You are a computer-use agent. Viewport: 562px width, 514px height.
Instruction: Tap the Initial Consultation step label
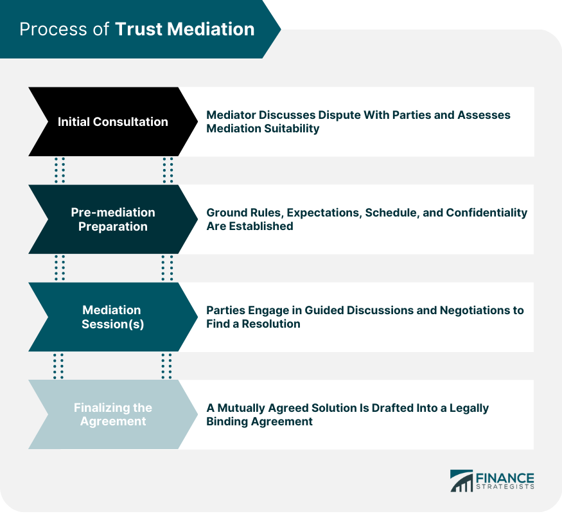pos(113,121)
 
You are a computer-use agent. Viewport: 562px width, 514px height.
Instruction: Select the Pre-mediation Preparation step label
pos(113,219)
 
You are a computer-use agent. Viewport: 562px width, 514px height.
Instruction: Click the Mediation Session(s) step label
pos(112,317)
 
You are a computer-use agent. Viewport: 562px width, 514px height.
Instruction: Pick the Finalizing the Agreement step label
pos(112,414)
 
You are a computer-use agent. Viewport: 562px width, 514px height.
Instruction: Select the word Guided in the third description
pos(324,310)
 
